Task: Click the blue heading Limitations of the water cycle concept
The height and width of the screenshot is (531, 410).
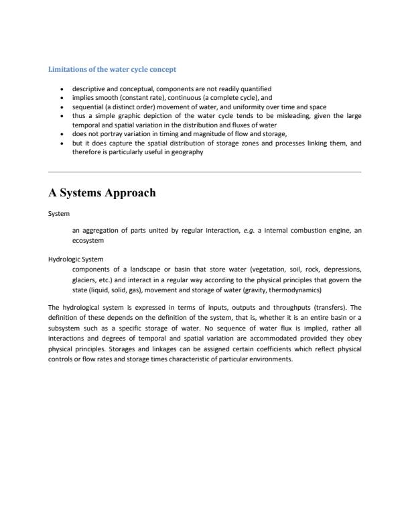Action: [x=113, y=69]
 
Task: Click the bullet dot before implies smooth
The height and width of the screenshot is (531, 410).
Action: [x=62, y=97]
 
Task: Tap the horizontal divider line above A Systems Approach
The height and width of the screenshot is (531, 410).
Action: [x=204, y=172]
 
